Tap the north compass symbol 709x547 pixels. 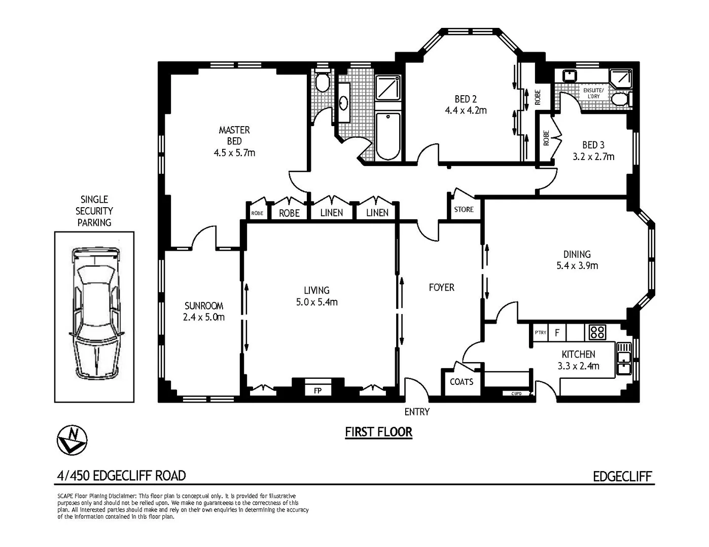point(72,439)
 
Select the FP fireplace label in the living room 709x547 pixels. point(317,391)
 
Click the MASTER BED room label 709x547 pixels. point(234,136)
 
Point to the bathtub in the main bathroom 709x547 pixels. point(388,136)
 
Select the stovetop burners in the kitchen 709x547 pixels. point(597,332)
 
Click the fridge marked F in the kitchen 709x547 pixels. point(557,333)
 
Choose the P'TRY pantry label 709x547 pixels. point(541,333)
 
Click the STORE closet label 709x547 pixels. point(464,209)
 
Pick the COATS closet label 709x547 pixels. point(462,382)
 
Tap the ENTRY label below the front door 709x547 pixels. point(417,412)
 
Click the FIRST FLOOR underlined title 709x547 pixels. point(378,432)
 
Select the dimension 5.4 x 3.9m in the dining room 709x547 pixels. point(577,265)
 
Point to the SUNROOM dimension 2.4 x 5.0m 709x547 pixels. point(204,318)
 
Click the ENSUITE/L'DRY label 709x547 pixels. point(593,93)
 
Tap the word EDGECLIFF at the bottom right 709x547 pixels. point(622,477)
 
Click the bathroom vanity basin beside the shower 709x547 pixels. point(344,103)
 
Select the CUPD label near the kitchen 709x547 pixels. point(516,394)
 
